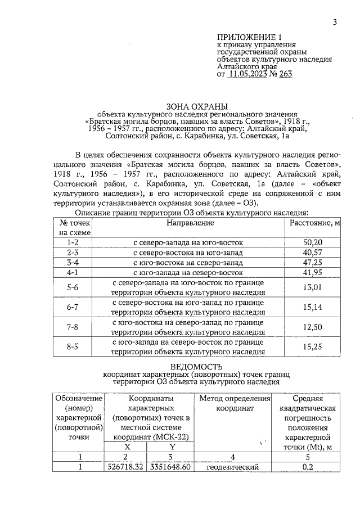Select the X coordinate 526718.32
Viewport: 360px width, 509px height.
[126, 467]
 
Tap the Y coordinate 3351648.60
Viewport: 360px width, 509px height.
[169, 467]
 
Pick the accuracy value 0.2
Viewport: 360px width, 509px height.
[308, 467]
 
